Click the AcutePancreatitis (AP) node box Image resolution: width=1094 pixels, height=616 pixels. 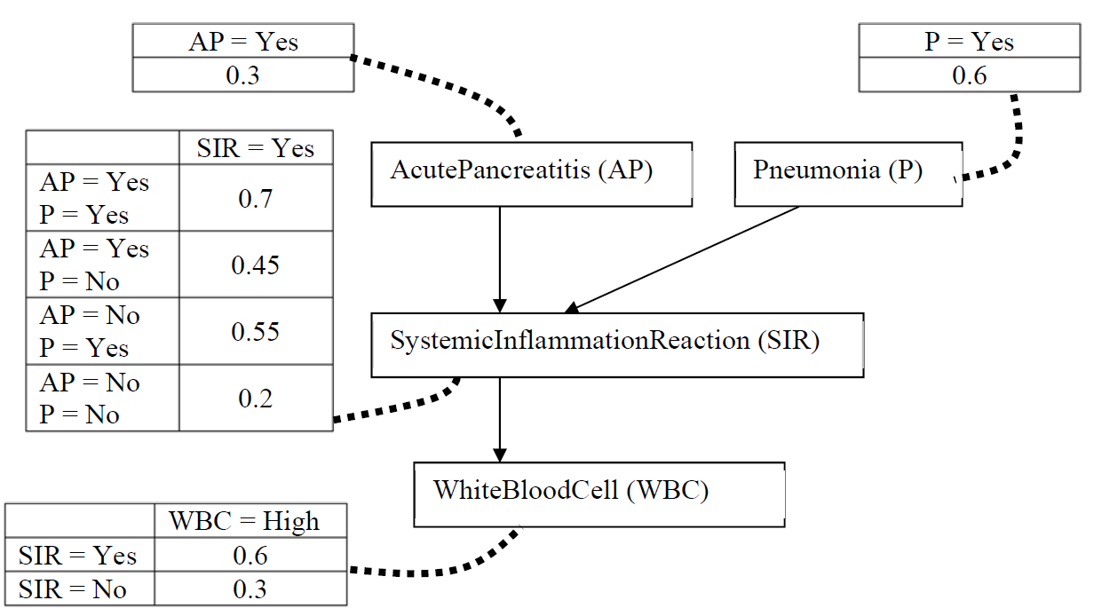(x=531, y=174)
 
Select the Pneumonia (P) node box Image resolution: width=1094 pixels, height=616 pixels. (x=848, y=174)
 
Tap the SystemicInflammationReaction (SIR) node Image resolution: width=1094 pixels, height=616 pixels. (x=617, y=345)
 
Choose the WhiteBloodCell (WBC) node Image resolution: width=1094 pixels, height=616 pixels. (x=599, y=494)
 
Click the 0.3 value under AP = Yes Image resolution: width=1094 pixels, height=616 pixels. (x=243, y=75)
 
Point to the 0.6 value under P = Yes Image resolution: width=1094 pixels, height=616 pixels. (x=970, y=75)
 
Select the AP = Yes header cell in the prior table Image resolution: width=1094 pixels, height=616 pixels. (x=243, y=41)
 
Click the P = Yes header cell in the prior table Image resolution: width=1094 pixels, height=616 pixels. (x=970, y=41)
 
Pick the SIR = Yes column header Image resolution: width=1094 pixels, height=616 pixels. (x=256, y=147)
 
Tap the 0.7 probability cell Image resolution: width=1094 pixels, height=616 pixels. (x=256, y=198)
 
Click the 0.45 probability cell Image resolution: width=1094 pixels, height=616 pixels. (x=256, y=265)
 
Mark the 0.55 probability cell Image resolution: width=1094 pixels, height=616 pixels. (x=256, y=331)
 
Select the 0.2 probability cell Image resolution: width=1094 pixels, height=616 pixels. (x=256, y=398)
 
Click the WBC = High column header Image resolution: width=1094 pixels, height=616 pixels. (x=250, y=520)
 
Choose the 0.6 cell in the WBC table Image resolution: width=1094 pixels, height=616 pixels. (x=250, y=555)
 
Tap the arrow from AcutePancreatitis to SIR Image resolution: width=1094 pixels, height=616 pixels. (x=500, y=260)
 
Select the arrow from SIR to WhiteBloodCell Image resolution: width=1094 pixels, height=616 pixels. (x=500, y=420)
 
